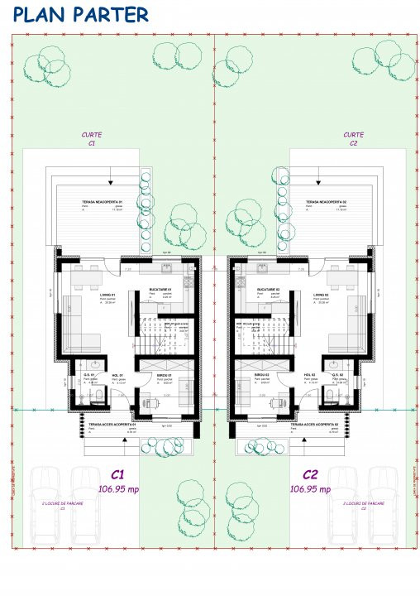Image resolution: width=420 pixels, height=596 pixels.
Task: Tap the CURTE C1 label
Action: point(92,138)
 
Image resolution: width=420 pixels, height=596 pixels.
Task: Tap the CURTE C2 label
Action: point(353,138)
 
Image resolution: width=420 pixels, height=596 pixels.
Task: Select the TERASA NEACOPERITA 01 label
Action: point(103,201)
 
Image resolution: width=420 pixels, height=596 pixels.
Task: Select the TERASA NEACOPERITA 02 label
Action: point(325,201)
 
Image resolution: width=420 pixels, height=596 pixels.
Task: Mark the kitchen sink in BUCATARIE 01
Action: point(165,268)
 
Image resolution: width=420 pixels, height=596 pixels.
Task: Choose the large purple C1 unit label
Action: point(117,475)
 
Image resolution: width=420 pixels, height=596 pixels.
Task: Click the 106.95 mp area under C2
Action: point(310,489)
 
